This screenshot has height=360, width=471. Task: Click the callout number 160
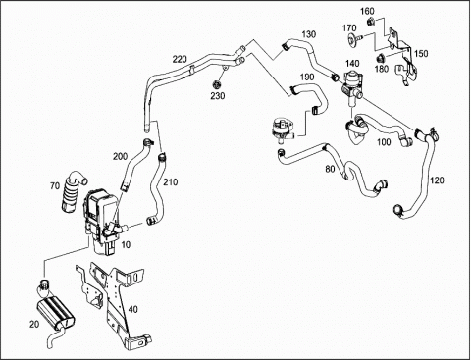pos(367,11)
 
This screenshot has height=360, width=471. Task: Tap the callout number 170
pos(349,28)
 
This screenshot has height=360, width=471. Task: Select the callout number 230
pos(218,96)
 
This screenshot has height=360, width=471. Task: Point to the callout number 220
pos(180,59)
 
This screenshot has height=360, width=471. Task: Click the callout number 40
pos(133,309)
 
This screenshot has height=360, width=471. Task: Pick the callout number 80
pos(330,169)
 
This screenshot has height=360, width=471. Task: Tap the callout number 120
pos(437,180)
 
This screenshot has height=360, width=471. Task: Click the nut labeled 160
pos(371,23)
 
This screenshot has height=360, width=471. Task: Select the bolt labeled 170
pos(354,39)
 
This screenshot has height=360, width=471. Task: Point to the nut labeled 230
pos(216,85)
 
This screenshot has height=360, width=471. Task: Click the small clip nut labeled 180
pos(380,59)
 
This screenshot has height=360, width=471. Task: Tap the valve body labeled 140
pos(350,86)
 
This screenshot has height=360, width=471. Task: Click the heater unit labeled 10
pos(102,219)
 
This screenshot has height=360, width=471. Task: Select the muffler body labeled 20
pos(55,312)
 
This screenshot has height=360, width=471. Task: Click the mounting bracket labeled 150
pos(402,56)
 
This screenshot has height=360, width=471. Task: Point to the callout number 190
pos(307,77)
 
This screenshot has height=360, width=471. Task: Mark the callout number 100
pos(384,142)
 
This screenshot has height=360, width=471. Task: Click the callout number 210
pos(171,181)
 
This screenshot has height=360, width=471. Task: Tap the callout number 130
pos(308,34)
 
